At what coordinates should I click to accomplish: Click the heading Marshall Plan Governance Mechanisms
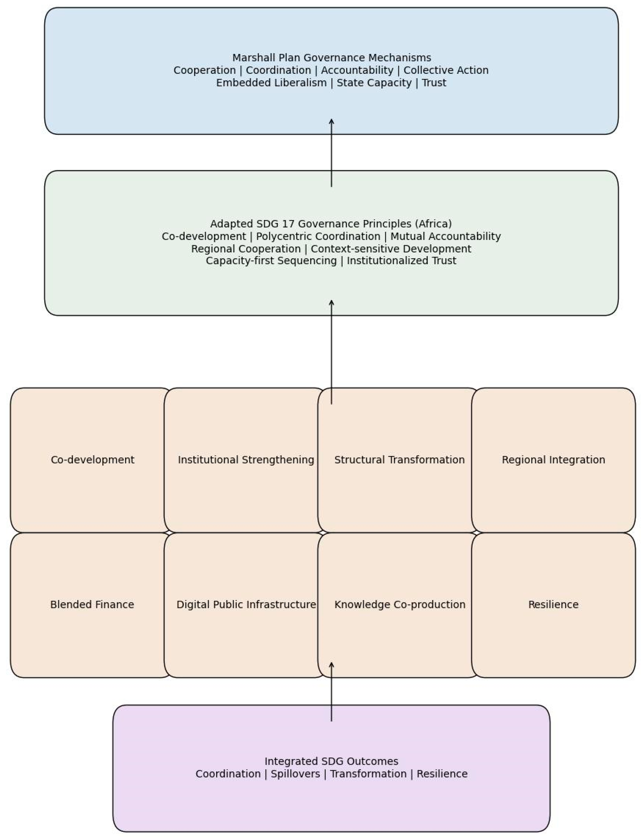pyautogui.click(x=332, y=58)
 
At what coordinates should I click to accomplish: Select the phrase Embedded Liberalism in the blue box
pyautogui.click(x=271, y=83)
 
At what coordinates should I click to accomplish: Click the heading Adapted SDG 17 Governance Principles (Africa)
pyautogui.click(x=331, y=224)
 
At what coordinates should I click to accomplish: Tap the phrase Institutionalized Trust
pyautogui.click(x=401, y=261)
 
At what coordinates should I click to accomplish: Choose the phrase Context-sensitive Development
pyautogui.click(x=391, y=249)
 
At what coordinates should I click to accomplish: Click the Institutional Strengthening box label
pyautogui.click(x=246, y=460)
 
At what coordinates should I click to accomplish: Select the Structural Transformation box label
pyautogui.click(x=400, y=460)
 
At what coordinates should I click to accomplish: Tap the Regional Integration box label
pyautogui.click(x=554, y=460)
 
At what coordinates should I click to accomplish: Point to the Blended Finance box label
pyautogui.click(x=92, y=604)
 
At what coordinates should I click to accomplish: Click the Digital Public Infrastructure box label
pyautogui.click(x=246, y=604)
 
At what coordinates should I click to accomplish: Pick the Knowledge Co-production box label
pyautogui.click(x=400, y=604)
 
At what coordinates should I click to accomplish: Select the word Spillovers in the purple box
pyautogui.click(x=295, y=774)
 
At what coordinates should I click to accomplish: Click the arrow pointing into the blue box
pyautogui.click(x=332, y=153)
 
